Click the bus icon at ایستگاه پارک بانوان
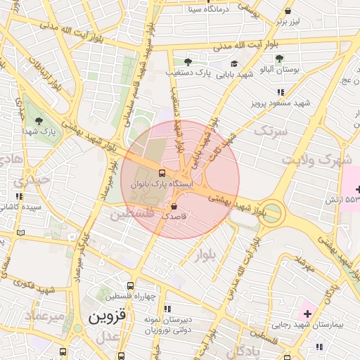click(x=162, y=172)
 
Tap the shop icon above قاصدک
click(x=174, y=206)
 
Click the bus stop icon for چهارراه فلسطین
click(x=131, y=285)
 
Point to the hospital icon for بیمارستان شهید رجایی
click(x=307, y=311)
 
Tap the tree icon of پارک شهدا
click(x=39, y=121)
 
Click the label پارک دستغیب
click(x=188, y=72)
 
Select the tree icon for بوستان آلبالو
click(x=279, y=59)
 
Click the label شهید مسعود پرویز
click(x=281, y=103)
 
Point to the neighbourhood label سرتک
click(x=271, y=131)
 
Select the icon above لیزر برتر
click(x=289, y=11)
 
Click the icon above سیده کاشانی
click(x=18, y=196)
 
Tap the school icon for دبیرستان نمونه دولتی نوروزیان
click(x=167, y=309)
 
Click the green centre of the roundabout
click(x=272, y=211)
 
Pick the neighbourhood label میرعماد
click(x=28, y=316)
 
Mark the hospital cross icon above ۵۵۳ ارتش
click(x=359, y=189)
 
